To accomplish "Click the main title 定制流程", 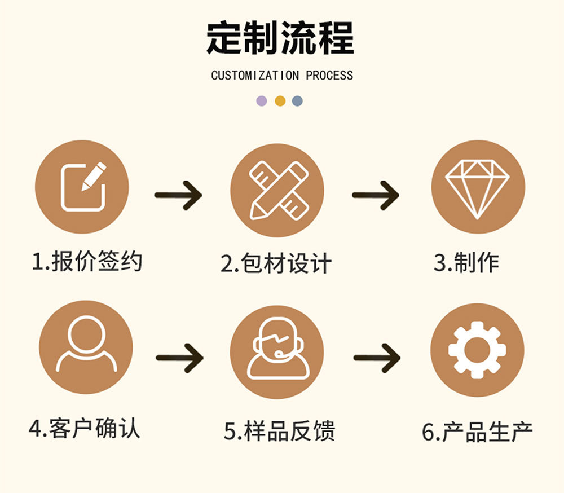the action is pyautogui.click(x=280, y=38).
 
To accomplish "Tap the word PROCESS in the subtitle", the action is pyautogui.click(x=329, y=76).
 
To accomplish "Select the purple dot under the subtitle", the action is pyautogui.click(x=262, y=101).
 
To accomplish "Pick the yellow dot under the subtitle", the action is pyautogui.click(x=280, y=101).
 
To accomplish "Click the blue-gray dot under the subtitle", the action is pyautogui.click(x=298, y=101).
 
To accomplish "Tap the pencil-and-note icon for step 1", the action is pyautogui.click(x=82, y=187).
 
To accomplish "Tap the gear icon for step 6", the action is pyautogui.click(x=477, y=350).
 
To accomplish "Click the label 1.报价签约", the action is pyautogui.click(x=87, y=262).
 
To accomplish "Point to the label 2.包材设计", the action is pyautogui.click(x=276, y=264).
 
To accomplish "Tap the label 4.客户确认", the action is pyautogui.click(x=84, y=429).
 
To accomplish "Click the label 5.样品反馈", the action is pyautogui.click(x=279, y=431).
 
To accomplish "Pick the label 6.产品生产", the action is pyautogui.click(x=477, y=432).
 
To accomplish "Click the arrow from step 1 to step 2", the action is pyautogui.click(x=178, y=196).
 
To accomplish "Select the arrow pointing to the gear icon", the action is pyautogui.click(x=377, y=358).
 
